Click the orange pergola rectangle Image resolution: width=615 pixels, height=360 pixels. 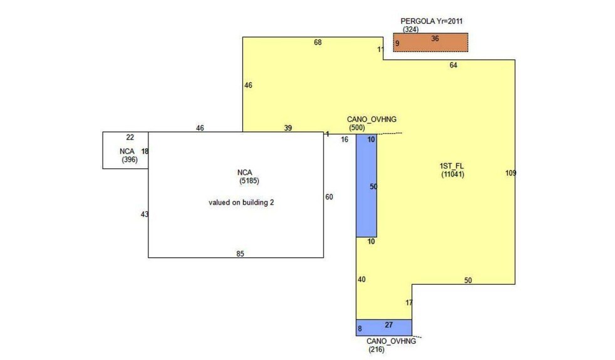tap(430, 43)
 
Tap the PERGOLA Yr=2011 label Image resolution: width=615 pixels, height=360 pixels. tap(432, 21)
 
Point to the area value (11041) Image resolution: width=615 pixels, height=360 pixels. tap(452, 175)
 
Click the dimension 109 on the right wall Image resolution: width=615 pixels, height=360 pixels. tap(510, 173)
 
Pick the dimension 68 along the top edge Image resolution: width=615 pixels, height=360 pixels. tap(318, 43)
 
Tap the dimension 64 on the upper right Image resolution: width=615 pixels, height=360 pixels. tap(453, 65)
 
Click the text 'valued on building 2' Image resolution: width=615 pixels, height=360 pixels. tap(241, 203)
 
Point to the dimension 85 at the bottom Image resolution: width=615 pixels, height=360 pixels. tap(240, 254)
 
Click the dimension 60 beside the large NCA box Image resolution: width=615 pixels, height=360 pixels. tap(329, 197)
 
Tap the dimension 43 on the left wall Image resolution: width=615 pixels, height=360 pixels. tap(145, 214)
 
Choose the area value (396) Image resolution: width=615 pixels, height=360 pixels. tap(130, 160)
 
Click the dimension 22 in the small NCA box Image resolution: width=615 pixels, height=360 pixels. tap(130, 138)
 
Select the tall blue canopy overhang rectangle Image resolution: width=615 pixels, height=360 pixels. tap(366, 185)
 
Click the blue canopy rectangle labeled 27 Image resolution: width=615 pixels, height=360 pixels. tap(384, 327)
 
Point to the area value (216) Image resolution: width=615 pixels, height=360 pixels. tap(376, 349)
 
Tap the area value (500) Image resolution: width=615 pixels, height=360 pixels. tap(357, 128)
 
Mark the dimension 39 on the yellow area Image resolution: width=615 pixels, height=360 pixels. tap(287, 128)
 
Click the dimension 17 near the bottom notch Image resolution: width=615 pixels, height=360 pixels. tap(409, 302)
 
